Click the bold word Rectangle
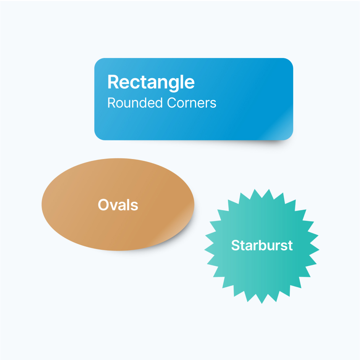tap(151, 82)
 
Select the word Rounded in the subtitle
tap(135, 103)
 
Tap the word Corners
tap(192, 103)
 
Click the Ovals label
tap(118, 204)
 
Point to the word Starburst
tap(262, 245)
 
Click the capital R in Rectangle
tap(113, 82)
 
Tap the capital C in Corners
tap(173, 103)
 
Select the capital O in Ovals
tap(103, 204)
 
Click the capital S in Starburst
tap(236, 245)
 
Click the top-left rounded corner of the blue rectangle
tap(98, 61)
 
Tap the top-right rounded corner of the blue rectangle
tap(290, 61)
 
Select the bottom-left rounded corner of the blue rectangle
tap(98, 137)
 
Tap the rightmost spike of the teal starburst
tap(318, 249)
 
